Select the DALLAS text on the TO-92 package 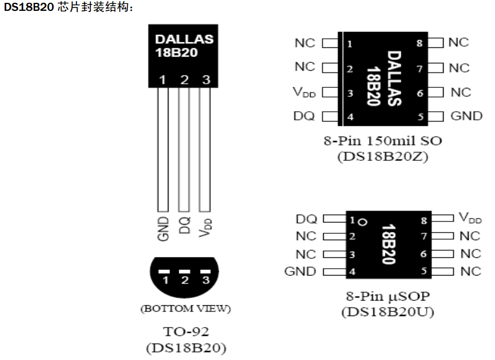click(x=184, y=39)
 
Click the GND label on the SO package click(x=466, y=116)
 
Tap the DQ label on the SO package click(x=304, y=116)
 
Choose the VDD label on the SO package click(x=304, y=92)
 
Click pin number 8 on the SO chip click(x=419, y=43)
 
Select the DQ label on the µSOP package click(x=307, y=219)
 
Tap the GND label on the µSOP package click(x=300, y=272)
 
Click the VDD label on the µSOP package click(x=470, y=218)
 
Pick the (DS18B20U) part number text click(x=388, y=312)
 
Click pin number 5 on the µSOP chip click(x=423, y=272)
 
